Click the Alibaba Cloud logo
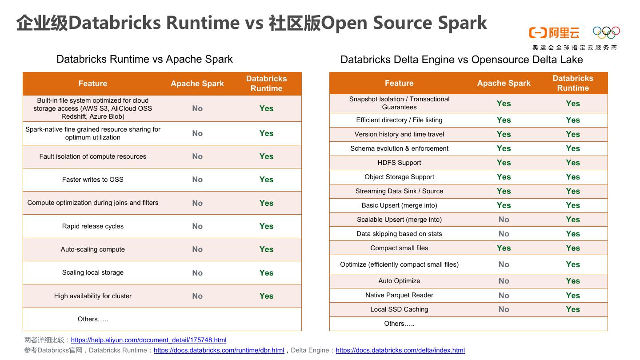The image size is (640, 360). tap(554, 33)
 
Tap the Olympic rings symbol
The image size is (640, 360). tap(606, 32)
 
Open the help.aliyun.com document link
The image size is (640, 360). tap(148, 340)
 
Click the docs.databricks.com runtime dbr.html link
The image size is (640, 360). tap(219, 350)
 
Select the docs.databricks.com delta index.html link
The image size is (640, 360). tap(400, 350)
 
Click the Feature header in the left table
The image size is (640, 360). tap(92, 84)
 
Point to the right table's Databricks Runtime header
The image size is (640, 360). tap(573, 83)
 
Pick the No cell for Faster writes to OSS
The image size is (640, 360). tap(197, 180)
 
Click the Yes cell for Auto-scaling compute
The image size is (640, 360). tap(266, 249)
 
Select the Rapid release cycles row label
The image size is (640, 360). tap(93, 226)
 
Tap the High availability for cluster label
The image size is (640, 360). tap(93, 296)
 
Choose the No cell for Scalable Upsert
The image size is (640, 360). tap(504, 220)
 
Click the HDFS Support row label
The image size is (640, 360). tap(399, 163)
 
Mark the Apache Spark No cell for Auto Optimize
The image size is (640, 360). tap(504, 281)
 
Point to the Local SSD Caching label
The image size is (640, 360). tap(399, 309)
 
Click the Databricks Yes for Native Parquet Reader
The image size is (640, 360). tap(573, 295)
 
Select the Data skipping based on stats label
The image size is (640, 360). tap(399, 234)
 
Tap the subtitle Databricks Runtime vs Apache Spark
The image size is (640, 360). tap(144, 59)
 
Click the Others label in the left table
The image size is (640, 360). tap(93, 319)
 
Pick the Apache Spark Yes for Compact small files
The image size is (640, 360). tap(504, 248)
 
